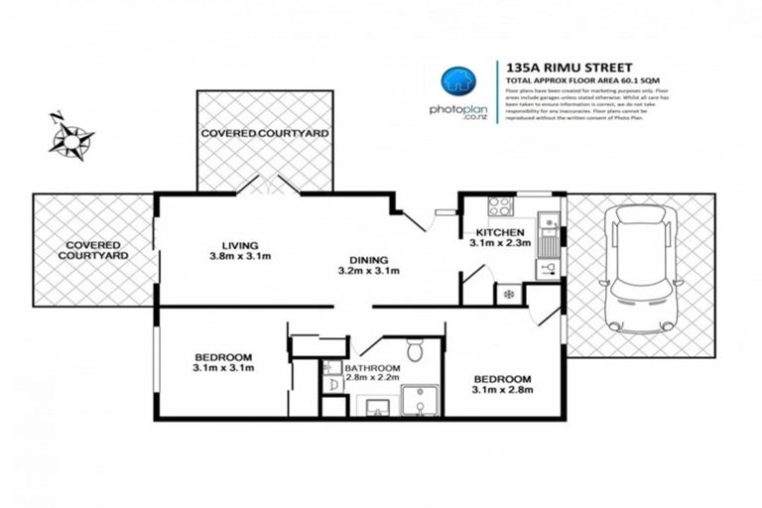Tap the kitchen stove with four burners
click(500, 208)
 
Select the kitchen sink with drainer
click(546, 243)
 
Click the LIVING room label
click(240, 245)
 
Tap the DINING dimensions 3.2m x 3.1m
click(367, 270)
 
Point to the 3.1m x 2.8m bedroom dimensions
click(502, 391)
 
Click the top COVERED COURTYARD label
click(264, 132)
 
